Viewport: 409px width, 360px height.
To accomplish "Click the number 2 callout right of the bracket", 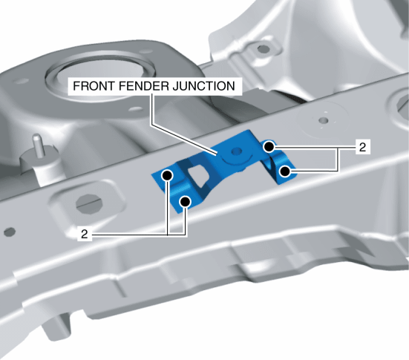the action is pos(362,148).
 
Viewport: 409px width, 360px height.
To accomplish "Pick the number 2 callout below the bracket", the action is pos(85,235).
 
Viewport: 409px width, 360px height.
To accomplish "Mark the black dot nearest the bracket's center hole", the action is pos(269,147).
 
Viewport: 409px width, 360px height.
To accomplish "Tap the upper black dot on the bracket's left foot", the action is pos(167,175).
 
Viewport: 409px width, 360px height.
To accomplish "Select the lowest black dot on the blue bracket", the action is pos(185,201).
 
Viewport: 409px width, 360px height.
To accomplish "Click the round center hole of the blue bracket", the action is pos(236,151).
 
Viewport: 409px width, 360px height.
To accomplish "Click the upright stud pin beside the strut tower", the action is pos(38,145).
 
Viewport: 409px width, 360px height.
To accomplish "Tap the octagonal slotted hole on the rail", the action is pos(89,203).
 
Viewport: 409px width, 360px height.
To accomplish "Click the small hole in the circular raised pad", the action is pos(324,120).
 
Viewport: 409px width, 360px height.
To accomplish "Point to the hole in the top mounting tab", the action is pos(263,49).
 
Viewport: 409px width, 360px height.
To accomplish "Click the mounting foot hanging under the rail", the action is pos(57,326).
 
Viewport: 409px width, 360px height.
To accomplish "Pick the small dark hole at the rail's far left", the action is pos(10,232).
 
